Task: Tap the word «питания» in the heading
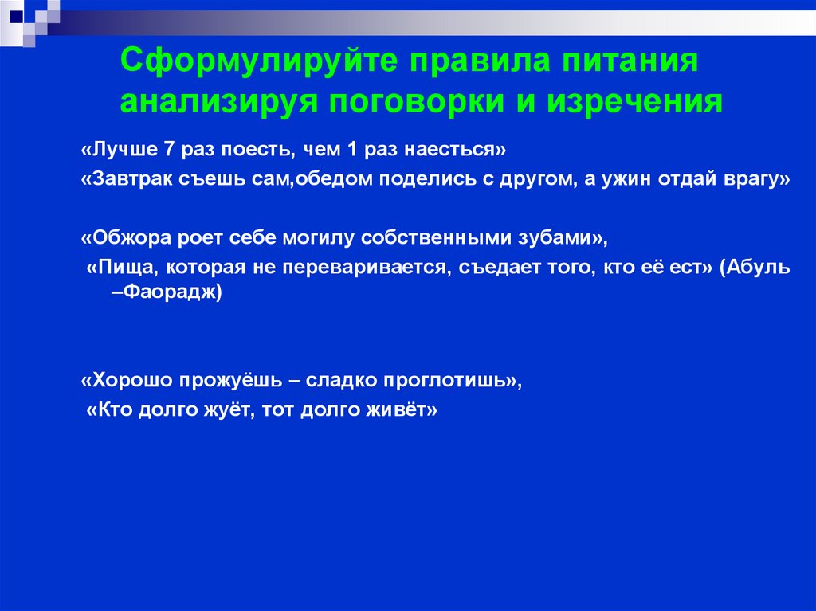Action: [x=626, y=62]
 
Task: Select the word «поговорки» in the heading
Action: [x=422, y=103]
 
